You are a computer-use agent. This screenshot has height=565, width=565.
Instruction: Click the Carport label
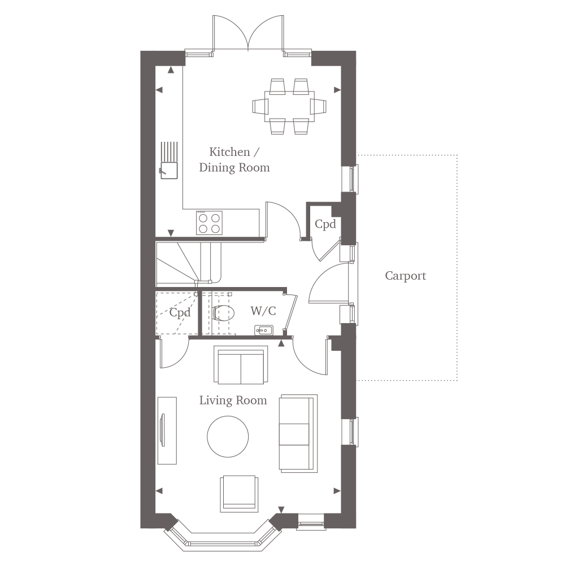405,276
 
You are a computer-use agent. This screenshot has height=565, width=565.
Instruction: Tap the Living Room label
233,401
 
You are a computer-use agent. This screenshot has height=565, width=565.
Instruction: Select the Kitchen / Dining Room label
234,160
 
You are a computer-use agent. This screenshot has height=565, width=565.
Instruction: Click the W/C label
263,311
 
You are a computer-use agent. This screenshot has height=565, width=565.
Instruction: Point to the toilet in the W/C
223,313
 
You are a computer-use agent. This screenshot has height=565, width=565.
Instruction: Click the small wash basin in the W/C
264,330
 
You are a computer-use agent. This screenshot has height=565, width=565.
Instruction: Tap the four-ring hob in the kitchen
210,223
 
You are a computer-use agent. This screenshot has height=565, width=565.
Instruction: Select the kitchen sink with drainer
169,160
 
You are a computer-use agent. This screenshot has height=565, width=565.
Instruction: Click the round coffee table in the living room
228,436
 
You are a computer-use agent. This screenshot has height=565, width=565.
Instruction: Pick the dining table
289,107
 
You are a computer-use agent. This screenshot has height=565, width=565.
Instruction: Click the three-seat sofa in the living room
298,433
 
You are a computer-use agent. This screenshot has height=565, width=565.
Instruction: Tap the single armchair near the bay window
240,494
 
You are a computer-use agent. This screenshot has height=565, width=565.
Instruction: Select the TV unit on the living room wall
167,431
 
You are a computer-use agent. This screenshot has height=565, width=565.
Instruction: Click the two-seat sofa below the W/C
241,365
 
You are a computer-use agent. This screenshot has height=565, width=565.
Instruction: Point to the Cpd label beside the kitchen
325,224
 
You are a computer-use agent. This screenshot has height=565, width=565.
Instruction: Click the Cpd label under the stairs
180,312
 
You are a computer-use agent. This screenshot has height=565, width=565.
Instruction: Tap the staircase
188,263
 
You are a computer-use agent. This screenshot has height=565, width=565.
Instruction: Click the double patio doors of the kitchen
248,34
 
